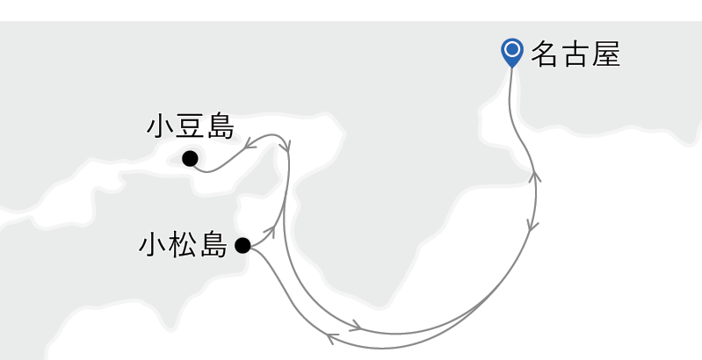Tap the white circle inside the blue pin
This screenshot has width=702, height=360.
pyautogui.click(x=511, y=49)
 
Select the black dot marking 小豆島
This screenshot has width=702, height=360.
pyautogui.click(x=189, y=159)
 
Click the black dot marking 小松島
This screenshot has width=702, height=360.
pyautogui.click(x=242, y=245)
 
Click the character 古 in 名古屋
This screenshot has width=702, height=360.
pyautogui.click(x=576, y=54)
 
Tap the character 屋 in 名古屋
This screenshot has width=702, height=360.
pyautogui.click(x=606, y=54)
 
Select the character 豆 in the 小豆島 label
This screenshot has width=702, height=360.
pyautogui.click(x=191, y=126)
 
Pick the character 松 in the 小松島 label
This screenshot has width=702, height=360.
pyautogui.click(x=183, y=245)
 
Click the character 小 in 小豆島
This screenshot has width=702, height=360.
pyautogui.click(x=162, y=126)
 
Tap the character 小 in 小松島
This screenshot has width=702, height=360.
pyautogui.click(x=153, y=245)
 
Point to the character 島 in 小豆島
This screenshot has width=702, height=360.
pyautogui.click(x=220, y=126)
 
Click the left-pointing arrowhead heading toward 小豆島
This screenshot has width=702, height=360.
pyautogui.click(x=250, y=143)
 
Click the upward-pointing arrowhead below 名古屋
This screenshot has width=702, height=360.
pyautogui.click(x=536, y=176)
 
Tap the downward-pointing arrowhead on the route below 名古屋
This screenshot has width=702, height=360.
pyautogui.click(x=533, y=227)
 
